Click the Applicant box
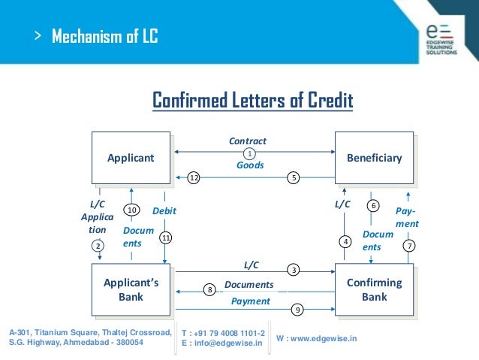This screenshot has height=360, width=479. [131, 158]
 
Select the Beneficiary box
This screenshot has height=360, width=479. [374, 158]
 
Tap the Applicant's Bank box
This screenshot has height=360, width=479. [131, 289]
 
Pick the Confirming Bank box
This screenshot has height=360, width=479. [374, 289]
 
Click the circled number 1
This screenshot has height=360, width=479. [250, 153]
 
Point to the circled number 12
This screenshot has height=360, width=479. [194, 177]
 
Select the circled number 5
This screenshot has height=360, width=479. [294, 177]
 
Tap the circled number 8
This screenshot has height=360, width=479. [209, 289]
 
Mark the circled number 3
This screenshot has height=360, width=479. [294, 268]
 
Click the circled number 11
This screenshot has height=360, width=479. [166, 237]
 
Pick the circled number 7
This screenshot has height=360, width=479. [409, 245]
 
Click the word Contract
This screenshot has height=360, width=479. [248, 141]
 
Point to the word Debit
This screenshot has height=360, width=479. [164, 212]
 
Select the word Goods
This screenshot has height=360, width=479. [250, 165]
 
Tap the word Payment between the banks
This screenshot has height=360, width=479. [250, 301]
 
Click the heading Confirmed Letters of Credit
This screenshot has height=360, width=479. [253, 100]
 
